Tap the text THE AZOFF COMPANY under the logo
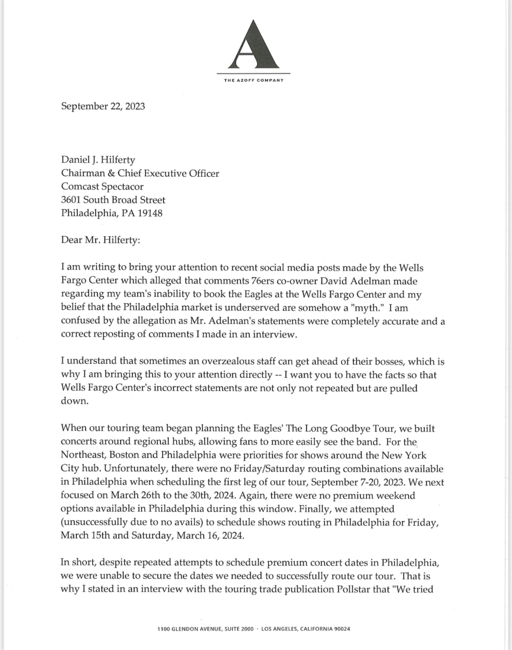click(x=254, y=80)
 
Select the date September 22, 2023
click(x=103, y=106)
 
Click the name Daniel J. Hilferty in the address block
click(x=98, y=160)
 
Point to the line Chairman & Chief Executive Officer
click(x=140, y=173)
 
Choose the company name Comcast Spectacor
click(x=102, y=187)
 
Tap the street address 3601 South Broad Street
click(x=113, y=200)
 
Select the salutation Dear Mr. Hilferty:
click(x=101, y=240)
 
